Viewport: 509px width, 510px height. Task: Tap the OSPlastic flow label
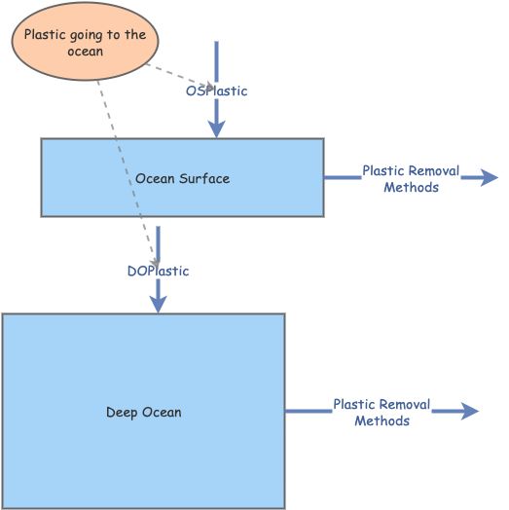[216, 91]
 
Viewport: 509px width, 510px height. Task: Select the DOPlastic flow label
[158, 271]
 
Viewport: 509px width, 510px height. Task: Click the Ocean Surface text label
[182, 178]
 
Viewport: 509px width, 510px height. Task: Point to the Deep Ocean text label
[143, 412]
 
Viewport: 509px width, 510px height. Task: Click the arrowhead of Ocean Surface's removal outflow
[488, 177]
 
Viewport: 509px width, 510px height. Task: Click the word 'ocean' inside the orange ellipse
[86, 53]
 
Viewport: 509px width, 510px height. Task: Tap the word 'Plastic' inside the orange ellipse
[46, 35]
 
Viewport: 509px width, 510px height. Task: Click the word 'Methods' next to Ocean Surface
[411, 187]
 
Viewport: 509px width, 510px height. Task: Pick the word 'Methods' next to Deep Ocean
[382, 420]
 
